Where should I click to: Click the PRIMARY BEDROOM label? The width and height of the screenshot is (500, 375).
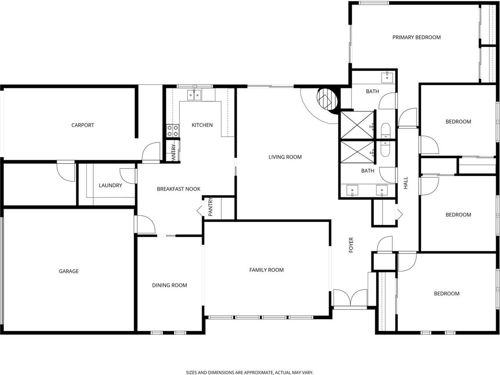click(416, 37)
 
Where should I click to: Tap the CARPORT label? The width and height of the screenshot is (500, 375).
click(83, 125)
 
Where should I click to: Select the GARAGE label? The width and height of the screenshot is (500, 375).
click(68, 271)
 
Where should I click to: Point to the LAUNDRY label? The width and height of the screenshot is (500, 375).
click(110, 186)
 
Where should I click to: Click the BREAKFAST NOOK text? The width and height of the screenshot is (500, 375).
click(178, 189)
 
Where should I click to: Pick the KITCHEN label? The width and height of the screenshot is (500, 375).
click(202, 125)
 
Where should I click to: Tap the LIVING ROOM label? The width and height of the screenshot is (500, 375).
click(285, 157)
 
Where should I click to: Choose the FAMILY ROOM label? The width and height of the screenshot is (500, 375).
click(266, 270)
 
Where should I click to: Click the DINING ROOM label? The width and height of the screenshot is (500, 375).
click(169, 285)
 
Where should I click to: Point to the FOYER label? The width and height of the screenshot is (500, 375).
click(351, 245)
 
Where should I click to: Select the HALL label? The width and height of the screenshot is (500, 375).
click(406, 183)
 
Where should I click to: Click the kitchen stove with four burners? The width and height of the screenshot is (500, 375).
click(173, 130)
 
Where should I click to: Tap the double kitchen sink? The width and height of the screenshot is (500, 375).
click(194, 95)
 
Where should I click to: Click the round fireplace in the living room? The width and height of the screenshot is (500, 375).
click(327, 100)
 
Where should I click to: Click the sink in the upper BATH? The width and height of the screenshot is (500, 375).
click(388, 76)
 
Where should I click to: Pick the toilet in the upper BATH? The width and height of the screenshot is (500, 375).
click(385, 130)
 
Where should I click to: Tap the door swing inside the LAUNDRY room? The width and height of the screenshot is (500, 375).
click(127, 175)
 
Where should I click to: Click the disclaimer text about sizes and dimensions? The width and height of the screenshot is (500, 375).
click(250, 373)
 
